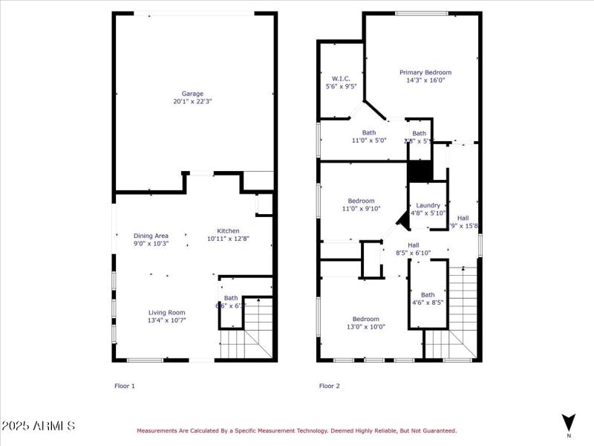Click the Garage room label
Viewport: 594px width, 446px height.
(193, 94)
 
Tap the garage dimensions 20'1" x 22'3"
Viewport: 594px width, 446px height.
(193, 102)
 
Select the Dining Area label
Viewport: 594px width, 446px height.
(151, 236)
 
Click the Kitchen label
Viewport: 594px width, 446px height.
(228, 230)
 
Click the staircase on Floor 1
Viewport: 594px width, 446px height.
(245, 333)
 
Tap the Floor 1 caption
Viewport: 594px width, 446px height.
(124, 386)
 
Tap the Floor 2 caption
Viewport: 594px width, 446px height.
(329, 386)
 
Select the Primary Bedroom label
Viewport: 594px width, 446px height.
(425, 72)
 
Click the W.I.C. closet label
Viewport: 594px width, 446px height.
(341, 78)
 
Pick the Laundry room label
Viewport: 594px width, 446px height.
(428, 205)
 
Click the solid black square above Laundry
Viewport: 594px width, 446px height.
(420, 172)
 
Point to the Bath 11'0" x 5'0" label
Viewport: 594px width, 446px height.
(369, 132)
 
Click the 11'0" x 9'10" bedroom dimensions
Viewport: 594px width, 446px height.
(361, 209)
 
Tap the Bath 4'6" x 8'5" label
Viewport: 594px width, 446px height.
(428, 294)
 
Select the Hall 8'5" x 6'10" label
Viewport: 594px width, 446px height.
(414, 245)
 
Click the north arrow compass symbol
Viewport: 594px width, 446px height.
(569, 421)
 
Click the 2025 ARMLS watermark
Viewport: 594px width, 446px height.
(38, 426)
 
